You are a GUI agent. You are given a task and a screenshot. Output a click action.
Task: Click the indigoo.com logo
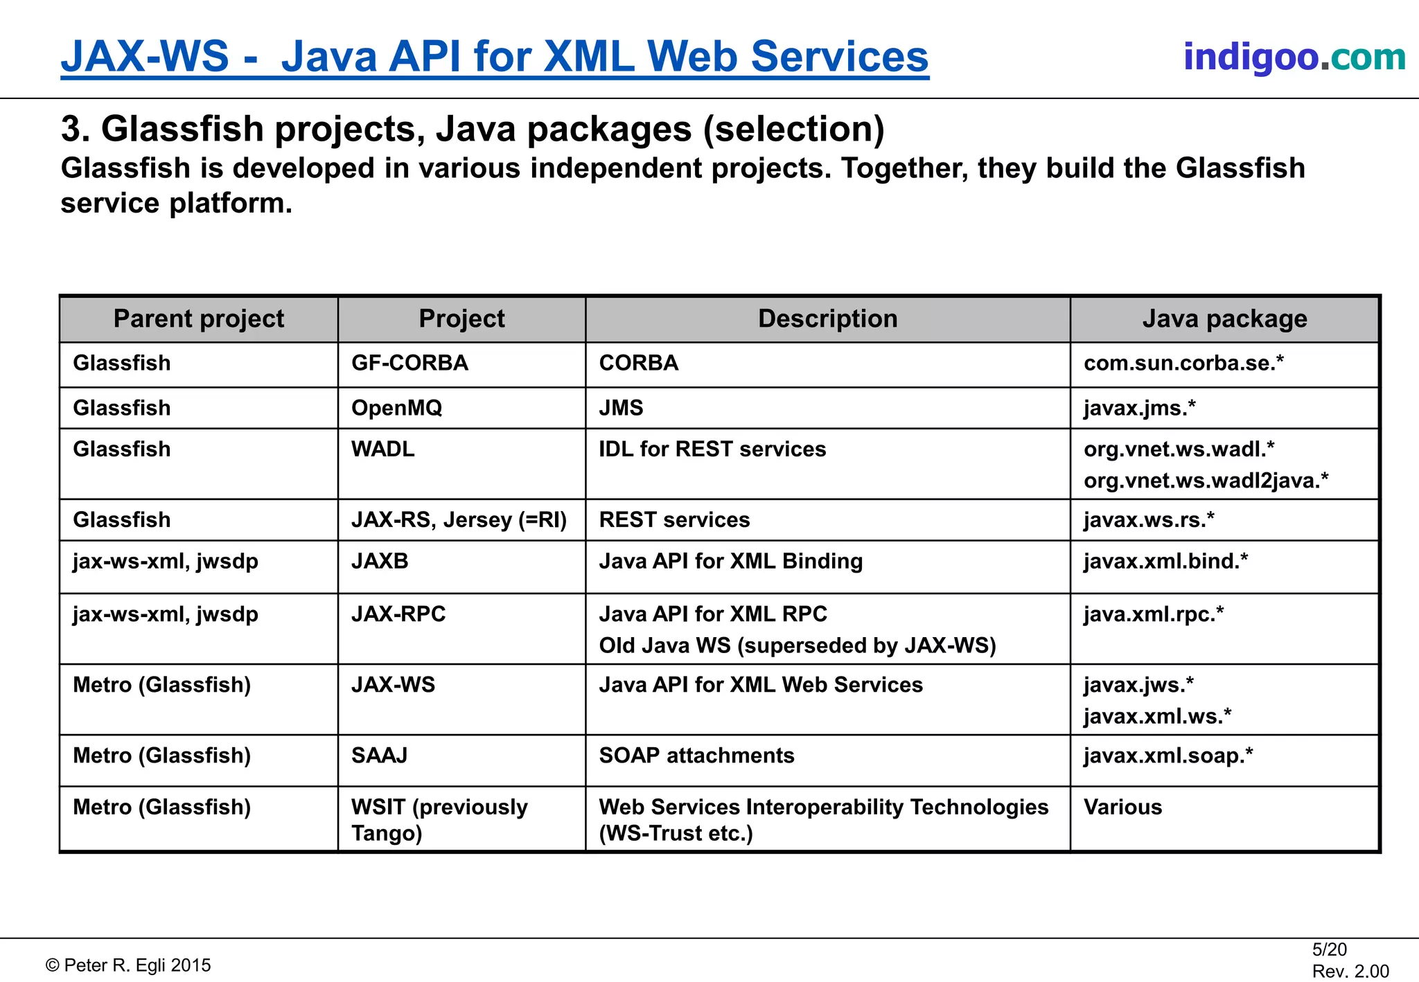coord(1294,57)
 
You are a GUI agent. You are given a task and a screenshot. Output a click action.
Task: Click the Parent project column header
coord(199,319)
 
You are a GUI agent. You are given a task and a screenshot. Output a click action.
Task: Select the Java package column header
coord(1224,319)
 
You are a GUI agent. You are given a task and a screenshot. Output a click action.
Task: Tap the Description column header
coord(827,319)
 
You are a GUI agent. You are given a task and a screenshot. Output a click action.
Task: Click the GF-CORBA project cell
coord(409,364)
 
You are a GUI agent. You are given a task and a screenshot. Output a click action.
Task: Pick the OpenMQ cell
coord(396,408)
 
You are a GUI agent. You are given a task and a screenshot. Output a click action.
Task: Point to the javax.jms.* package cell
coord(1140,408)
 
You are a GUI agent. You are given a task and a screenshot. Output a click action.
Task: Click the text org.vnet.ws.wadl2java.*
coord(1206,481)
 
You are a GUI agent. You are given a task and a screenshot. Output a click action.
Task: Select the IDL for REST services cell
coord(712,449)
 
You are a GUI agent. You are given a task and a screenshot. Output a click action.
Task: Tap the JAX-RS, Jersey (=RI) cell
coord(459,520)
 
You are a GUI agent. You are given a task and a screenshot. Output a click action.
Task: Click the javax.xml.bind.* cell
coord(1165,562)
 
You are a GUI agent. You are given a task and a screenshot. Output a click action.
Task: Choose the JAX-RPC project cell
coord(398,614)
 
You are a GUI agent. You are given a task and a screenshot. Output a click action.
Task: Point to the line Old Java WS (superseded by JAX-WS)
coord(797,646)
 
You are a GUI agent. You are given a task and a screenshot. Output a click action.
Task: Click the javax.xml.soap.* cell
coord(1168,756)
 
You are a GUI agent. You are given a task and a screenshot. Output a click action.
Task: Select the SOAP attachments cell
coord(696,756)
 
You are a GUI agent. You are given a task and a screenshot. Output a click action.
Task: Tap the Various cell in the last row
coord(1122,807)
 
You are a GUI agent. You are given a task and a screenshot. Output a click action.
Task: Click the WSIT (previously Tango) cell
coord(439,820)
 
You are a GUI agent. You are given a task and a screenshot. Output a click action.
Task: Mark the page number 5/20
coord(1329,949)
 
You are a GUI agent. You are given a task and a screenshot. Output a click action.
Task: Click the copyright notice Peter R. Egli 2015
coord(129,965)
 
